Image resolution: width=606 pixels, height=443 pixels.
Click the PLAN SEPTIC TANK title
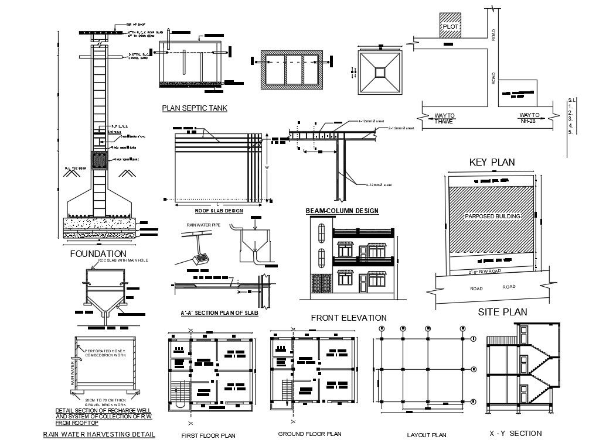click(x=195, y=108)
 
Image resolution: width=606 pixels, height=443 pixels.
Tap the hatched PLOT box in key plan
click(x=450, y=26)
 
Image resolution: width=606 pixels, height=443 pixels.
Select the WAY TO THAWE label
click(x=444, y=118)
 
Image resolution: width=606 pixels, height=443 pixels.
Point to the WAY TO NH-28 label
click(x=529, y=118)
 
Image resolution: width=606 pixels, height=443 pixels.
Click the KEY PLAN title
click(x=492, y=162)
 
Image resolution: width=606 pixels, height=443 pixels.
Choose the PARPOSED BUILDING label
click(x=492, y=217)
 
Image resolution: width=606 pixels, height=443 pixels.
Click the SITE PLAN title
click(x=502, y=312)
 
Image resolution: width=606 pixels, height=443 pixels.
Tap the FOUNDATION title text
click(x=98, y=253)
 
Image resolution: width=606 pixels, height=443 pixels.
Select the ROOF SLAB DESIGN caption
click(x=219, y=211)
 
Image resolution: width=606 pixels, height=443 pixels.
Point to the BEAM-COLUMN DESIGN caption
click(x=342, y=211)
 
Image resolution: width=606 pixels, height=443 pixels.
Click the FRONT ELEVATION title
click(x=348, y=318)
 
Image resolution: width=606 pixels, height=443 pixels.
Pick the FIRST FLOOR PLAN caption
click(x=208, y=435)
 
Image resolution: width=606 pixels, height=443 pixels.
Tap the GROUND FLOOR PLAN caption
click(x=309, y=434)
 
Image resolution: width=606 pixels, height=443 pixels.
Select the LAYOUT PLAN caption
click(x=426, y=435)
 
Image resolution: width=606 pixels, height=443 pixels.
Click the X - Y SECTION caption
click(x=515, y=434)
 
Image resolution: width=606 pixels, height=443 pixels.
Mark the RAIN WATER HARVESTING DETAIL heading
click(x=99, y=434)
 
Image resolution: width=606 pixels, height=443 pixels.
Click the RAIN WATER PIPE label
click(x=203, y=225)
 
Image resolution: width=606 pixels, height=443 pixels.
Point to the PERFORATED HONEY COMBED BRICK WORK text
click(x=105, y=352)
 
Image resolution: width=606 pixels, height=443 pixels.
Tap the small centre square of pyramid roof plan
click(x=380, y=72)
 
